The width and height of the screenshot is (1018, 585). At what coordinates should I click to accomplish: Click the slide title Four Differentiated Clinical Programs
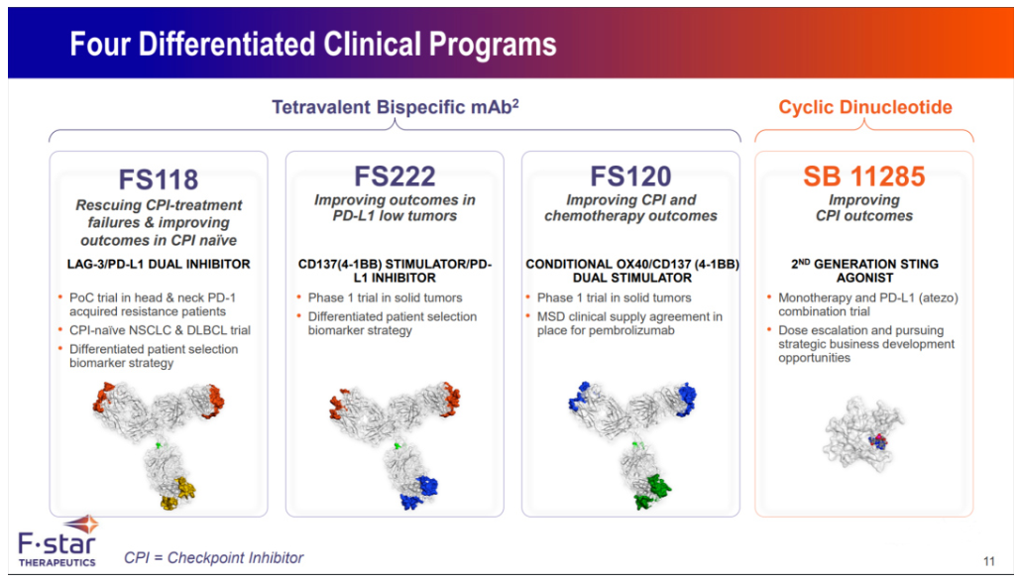[313, 45]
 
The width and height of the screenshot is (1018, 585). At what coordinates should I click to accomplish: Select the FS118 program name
[159, 179]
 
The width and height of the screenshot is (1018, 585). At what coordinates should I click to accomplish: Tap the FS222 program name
[395, 176]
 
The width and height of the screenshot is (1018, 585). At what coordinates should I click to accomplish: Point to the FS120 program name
[630, 176]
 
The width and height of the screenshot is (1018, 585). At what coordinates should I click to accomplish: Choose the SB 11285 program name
[863, 176]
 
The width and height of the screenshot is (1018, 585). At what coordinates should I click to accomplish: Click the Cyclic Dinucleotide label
[864, 108]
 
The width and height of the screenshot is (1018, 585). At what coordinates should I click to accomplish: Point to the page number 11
[988, 562]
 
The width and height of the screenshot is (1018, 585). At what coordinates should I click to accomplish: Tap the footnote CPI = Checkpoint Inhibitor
[214, 558]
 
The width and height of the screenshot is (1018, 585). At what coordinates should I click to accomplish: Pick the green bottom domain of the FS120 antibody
[651, 490]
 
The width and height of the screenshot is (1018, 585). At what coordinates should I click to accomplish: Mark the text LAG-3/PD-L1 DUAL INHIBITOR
[159, 265]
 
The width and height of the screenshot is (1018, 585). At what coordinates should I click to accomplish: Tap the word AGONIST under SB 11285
[863, 279]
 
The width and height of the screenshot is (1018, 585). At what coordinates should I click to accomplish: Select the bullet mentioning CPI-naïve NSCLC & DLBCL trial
[160, 330]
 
